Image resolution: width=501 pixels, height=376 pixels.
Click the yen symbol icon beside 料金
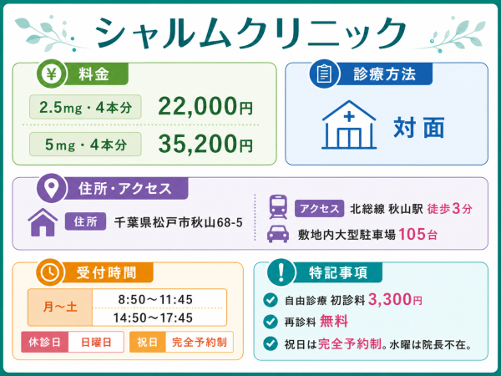(x=51, y=74)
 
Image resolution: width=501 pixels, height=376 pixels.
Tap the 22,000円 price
(x=205, y=107)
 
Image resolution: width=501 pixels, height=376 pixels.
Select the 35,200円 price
(x=205, y=145)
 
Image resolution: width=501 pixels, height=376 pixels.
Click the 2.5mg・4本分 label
(x=85, y=107)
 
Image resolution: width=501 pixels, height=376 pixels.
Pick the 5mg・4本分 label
(x=85, y=145)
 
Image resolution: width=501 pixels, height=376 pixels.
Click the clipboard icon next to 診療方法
(x=324, y=74)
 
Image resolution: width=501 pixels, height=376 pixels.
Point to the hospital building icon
(x=349, y=124)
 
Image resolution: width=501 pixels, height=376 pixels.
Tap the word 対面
(x=419, y=127)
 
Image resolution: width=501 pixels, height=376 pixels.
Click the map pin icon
(x=51, y=188)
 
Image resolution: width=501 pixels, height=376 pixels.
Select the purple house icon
(x=43, y=222)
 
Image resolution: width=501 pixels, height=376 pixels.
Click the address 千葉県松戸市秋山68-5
(x=179, y=222)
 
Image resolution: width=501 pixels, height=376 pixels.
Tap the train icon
(x=278, y=207)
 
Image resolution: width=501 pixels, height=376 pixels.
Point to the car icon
(x=278, y=234)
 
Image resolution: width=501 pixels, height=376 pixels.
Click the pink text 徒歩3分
(x=449, y=209)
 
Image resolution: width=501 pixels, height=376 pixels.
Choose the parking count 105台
(x=418, y=234)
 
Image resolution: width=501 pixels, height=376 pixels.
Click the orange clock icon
(x=50, y=272)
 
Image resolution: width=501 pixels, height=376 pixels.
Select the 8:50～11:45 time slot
(x=155, y=299)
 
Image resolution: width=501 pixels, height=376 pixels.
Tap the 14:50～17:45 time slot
(x=153, y=318)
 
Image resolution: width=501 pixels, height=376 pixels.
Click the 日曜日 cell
(x=96, y=342)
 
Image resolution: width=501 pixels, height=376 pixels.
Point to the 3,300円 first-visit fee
(x=395, y=300)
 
